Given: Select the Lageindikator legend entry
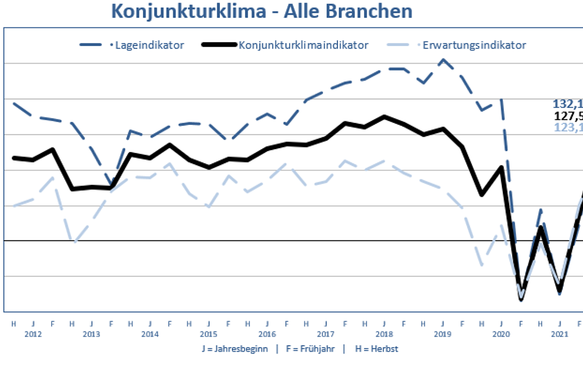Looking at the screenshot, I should (x=148, y=45).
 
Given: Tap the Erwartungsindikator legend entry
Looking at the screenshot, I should (x=474, y=45).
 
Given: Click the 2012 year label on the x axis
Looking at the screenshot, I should (x=33, y=334).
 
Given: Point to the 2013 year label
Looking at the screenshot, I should (x=91, y=334).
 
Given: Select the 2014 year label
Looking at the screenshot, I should (x=150, y=334).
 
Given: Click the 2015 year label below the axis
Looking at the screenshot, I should (x=208, y=334).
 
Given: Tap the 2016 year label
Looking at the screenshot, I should (x=267, y=334).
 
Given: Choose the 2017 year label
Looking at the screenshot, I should (x=326, y=334).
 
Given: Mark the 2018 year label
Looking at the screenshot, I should (x=384, y=334).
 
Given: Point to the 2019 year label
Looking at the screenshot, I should (x=443, y=334).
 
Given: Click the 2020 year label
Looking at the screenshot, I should (x=501, y=334).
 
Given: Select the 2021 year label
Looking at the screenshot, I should (x=559, y=334).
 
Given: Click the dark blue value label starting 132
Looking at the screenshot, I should (x=567, y=104).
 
